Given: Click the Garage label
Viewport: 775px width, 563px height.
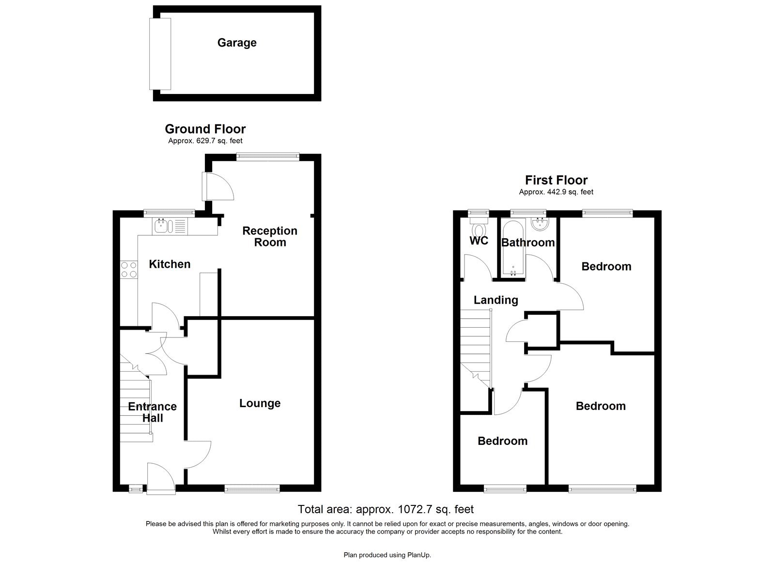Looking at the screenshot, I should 236,43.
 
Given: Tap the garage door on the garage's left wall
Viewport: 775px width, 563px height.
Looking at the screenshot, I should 160,54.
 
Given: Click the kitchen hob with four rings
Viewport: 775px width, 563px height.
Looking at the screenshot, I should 129,270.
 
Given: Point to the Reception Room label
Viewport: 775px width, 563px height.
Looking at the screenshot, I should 270,237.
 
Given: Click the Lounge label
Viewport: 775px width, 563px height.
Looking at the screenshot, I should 260,403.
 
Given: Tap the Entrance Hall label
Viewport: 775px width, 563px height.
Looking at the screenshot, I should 152,412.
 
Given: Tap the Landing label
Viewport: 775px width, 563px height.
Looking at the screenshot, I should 496,300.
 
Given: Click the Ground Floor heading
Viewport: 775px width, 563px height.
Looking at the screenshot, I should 205,129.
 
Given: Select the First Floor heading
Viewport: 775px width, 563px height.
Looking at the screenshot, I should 556,181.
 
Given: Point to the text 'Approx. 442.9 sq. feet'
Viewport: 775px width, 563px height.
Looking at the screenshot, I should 556,192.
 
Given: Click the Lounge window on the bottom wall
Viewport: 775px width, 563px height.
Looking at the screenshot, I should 252,489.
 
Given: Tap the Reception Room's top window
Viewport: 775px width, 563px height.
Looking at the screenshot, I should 267,156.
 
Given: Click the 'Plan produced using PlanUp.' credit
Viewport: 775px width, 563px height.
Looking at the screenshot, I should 387,555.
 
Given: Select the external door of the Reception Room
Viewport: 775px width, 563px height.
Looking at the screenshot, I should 207,186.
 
